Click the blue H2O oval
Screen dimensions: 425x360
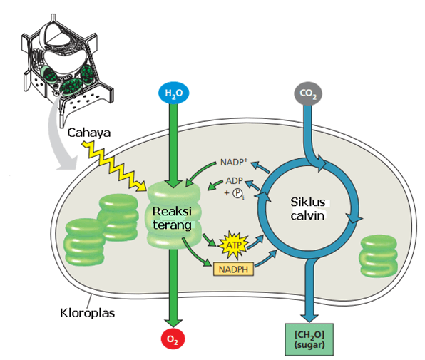(173, 93)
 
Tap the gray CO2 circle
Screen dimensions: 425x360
(308, 93)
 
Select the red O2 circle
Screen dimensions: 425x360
(173, 339)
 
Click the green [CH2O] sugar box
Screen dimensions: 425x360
(309, 339)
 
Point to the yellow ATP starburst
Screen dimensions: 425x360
(233, 245)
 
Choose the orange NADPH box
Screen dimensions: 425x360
(233, 269)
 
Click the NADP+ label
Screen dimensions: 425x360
(234, 162)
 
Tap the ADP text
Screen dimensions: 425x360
(234, 180)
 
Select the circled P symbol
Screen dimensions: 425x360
(237, 193)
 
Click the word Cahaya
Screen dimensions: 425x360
(89, 133)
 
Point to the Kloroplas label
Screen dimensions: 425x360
(87, 313)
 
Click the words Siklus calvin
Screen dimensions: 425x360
(307, 209)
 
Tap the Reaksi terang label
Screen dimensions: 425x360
(172, 218)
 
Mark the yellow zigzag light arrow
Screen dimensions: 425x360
(115, 166)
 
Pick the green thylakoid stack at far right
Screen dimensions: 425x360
(379, 256)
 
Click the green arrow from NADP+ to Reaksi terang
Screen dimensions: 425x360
(200, 171)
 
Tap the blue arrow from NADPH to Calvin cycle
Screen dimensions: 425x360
(266, 259)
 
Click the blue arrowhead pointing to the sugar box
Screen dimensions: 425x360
(309, 318)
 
